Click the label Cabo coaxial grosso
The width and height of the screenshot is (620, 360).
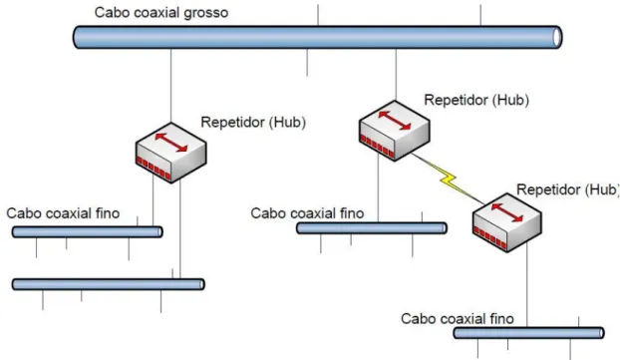tap(161, 13)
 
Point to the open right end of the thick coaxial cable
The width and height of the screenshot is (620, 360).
tap(557, 38)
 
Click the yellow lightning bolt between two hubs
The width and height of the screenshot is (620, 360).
tap(448, 179)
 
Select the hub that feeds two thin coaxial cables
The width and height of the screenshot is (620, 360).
tap(170, 153)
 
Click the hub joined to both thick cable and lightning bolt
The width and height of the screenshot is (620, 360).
tap(394, 131)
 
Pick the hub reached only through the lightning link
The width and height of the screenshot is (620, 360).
tap(507, 222)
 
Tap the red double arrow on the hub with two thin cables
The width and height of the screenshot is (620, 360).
tap(170, 143)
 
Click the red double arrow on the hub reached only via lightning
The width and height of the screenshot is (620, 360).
tap(507, 212)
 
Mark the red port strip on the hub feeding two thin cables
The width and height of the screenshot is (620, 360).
tap(154, 168)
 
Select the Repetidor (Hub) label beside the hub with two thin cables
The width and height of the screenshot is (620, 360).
tap(253, 123)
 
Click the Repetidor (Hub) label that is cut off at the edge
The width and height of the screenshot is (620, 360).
tap(568, 189)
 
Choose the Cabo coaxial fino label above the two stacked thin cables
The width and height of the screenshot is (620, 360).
tap(63, 213)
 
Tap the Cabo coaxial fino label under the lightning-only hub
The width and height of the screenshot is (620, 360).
tap(458, 319)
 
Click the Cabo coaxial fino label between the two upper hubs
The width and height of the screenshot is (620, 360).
tap(307, 213)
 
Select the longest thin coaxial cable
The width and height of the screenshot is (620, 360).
tap(109, 284)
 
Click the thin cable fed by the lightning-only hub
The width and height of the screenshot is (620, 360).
tap(528, 333)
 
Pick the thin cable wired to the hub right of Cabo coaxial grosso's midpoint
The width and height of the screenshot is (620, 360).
tap(372, 228)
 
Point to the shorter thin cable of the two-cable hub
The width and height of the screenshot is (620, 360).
tap(88, 231)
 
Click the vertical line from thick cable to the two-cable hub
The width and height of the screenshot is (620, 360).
tap(170, 86)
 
